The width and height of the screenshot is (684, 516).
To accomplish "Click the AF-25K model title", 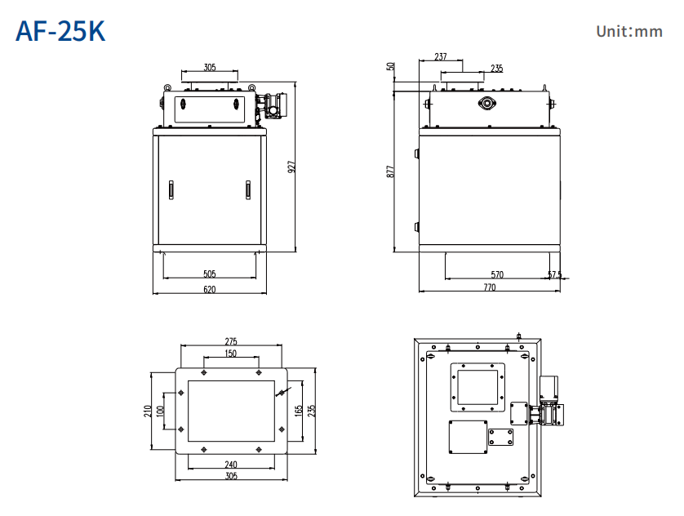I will click(x=60, y=31).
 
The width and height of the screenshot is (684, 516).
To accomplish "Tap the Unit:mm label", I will click(x=628, y=32).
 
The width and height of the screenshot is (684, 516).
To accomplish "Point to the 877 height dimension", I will click(x=390, y=172).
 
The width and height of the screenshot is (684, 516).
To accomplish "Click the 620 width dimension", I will click(x=210, y=289).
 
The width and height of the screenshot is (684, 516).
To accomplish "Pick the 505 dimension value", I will click(x=210, y=274).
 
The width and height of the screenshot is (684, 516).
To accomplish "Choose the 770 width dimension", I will click(x=489, y=287).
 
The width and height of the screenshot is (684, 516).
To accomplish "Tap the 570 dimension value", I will click(x=497, y=274).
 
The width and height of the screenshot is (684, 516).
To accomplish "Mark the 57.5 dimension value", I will click(x=555, y=275).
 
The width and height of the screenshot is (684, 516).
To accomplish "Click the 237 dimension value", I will click(x=441, y=57).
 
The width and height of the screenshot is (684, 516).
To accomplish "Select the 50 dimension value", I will click(x=391, y=66).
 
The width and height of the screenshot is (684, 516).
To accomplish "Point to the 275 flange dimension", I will click(x=231, y=341).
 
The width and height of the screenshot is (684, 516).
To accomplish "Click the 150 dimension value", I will click(x=231, y=354).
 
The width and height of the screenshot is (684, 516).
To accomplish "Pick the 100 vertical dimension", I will click(x=161, y=410).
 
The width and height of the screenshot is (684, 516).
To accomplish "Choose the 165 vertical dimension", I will click(x=300, y=410).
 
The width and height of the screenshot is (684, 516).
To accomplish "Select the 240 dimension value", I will click(x=231, y=464).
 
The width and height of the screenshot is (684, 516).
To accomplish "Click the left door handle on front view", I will click(x=171, y=189).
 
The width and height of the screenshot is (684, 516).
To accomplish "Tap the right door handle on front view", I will click(x=246, y=189).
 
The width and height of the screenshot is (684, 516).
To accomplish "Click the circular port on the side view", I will click(x=488, y=103).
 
